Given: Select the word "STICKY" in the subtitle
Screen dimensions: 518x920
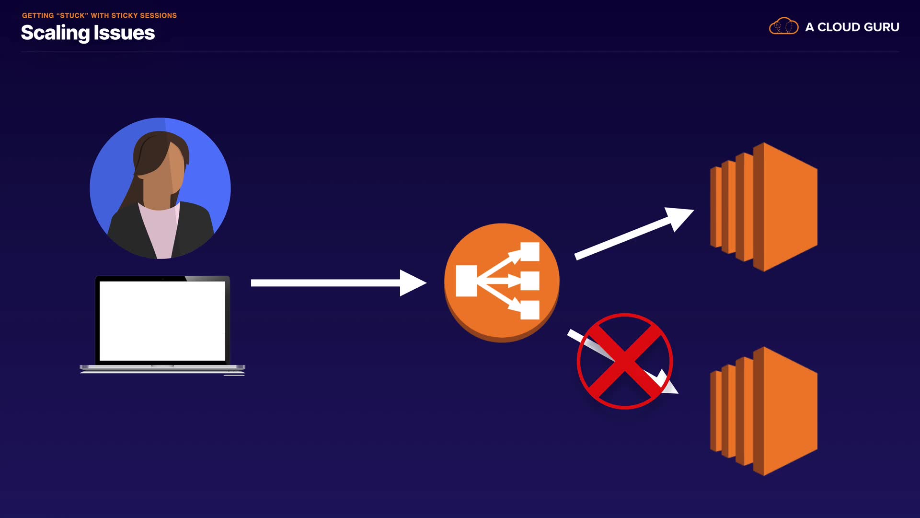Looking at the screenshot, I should point(124,15).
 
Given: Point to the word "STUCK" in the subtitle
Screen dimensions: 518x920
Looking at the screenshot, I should point(72,15).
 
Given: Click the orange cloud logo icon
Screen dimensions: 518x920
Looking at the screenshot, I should point(783,26).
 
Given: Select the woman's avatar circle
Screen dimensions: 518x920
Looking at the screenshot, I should point(160,188).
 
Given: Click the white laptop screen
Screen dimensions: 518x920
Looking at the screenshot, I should point(162,320).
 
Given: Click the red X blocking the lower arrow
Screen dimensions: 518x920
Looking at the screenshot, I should point(624,361).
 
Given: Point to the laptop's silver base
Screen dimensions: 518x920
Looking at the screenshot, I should point(162,368).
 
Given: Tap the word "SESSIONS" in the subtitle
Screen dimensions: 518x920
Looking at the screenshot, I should point(158,15).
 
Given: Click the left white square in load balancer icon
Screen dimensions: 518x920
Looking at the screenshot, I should point(466,281).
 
